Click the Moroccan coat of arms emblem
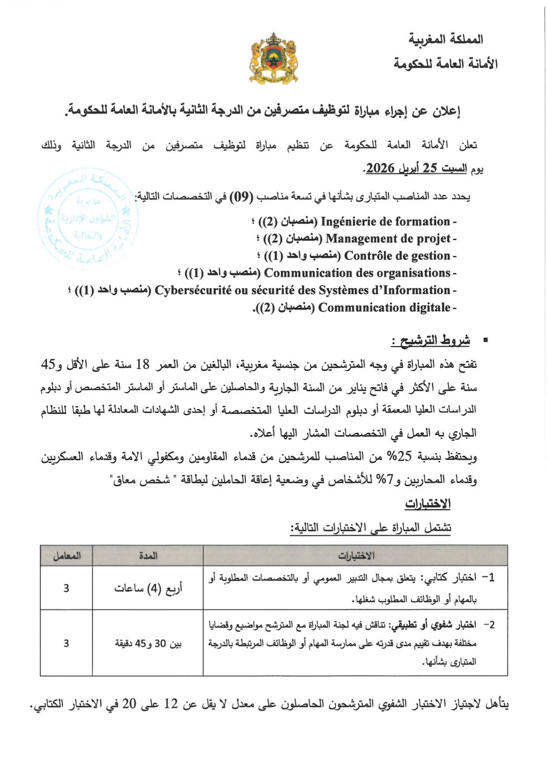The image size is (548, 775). [x=273, y=58]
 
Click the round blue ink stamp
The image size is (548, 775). [x=88, y=218]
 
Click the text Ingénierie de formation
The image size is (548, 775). [x=385, y=221]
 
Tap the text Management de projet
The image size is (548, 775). [x=388, y=238]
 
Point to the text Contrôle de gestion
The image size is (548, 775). [x=397, y=256]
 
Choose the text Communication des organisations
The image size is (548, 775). [x=357, y=273]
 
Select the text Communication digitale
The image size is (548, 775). [x=384, y=307]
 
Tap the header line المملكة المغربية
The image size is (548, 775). [x=446, y=39]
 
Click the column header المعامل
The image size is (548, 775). [x=66, y=556]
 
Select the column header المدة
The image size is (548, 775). [x=148, y=556]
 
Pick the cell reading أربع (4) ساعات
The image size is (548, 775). [x=148, y=588]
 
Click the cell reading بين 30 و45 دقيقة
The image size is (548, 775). [x=148, y=643]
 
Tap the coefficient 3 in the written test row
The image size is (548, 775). [x=66, y=588]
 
